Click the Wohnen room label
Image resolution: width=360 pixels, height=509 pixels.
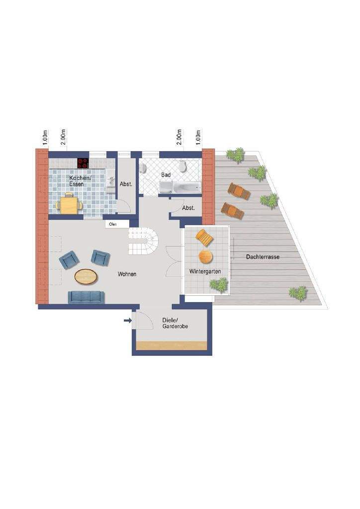click(127, 274)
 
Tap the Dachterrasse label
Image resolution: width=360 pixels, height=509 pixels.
click(263, 257)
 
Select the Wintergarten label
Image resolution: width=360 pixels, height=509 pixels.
click(205, 271)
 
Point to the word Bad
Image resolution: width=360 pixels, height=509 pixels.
click(166, 175)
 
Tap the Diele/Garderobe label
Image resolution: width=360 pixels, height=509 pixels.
click(175, 323)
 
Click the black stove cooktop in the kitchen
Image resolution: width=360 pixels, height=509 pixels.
click(83, 163)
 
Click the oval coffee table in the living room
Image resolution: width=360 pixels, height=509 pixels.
click(86, 277)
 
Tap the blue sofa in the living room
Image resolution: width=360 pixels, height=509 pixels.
click(86, 297)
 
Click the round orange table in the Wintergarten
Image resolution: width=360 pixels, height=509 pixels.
click(205, 256)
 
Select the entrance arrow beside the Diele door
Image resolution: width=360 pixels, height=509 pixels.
click(128, 321)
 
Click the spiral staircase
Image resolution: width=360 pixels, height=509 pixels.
click(144, 241)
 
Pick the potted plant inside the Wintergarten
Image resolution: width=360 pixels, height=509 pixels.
click(218, 285)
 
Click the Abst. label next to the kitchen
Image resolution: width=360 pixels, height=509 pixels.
click(126, 184)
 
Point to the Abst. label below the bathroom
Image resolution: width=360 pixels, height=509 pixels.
click(188, 208)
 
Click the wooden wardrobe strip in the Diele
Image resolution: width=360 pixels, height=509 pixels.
click(172, 345)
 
